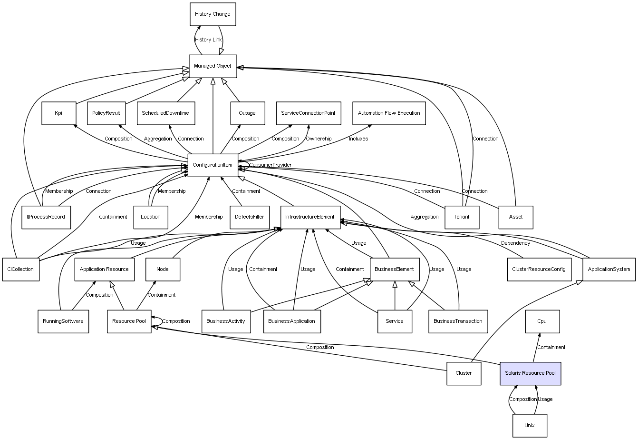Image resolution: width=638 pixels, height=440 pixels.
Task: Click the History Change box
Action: coord(213,14)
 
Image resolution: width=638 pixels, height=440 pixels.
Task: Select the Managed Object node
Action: coord(213,66)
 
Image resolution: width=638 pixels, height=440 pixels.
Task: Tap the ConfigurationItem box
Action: coord(213,165)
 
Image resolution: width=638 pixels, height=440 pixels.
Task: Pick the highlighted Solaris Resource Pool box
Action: coord(531,373)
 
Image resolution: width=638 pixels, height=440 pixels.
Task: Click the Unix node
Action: coord(530,425)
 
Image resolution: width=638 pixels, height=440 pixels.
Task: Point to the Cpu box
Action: coord(542,321)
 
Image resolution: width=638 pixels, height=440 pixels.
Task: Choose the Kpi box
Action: coord(58,113)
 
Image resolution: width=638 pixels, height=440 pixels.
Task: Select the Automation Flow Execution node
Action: coord(389,113)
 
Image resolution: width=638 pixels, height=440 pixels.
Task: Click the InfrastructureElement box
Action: coord(309,217)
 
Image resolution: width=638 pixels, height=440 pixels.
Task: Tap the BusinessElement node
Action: coord(394,269)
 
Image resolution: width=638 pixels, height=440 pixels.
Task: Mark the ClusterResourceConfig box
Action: coord(539,269)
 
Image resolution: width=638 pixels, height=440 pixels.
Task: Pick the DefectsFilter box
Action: coord(249,217)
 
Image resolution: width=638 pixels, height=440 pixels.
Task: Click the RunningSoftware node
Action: coord(63,321)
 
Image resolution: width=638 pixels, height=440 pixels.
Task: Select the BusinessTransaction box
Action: coord(458,321)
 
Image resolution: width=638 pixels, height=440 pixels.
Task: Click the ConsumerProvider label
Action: coord(270,165)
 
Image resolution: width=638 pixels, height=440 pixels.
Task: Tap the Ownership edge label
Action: coord(319,139)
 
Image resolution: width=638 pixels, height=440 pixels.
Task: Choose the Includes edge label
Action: coord(358,139)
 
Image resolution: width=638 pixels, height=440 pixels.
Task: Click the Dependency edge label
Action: coord(515,243)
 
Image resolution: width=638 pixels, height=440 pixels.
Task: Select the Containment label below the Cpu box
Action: coord(551,347)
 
